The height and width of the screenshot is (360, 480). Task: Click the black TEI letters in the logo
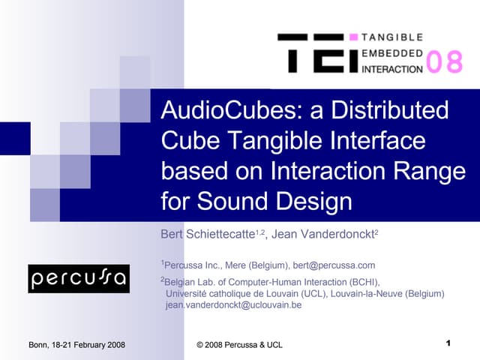pyautogui.click(x=314, y=52)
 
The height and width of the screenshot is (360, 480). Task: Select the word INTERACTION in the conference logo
pyautogui.click(x=392, y=69)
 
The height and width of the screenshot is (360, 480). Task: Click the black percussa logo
pyautogui.click(x=79, y=278)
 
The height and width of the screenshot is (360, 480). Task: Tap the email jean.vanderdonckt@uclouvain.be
pyautogui.click(x=233, y=305)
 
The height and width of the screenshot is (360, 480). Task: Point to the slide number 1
pyautogui.click(x=447, y=343)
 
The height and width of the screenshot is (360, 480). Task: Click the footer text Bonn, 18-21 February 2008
pyautogui.click(x=76, y=344)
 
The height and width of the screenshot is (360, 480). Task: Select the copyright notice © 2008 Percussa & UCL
pyautogui.click(x=239, y=344)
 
